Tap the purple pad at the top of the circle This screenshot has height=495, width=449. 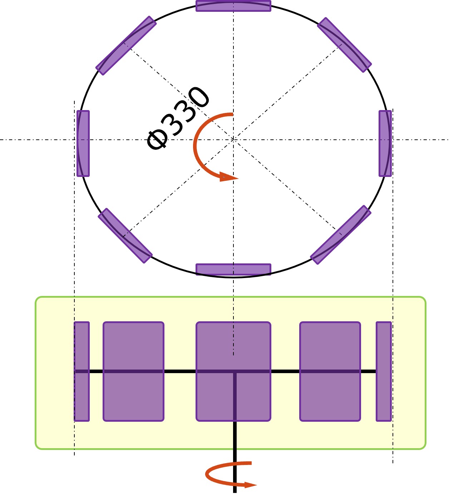click(233, 6)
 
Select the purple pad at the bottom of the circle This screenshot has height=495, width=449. click(233, 269)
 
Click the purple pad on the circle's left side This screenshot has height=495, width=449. click(83, 143)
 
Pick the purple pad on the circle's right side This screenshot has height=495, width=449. click(385, 143)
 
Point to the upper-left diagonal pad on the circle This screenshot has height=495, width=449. click(126, 45)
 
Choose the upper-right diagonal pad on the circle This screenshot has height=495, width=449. click(344, 45)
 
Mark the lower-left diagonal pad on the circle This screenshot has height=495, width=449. click(125, 236)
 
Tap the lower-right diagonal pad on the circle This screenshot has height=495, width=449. click(341, 234)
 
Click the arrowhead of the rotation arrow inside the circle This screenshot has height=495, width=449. click(228, 177)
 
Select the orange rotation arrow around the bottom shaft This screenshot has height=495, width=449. click(218, 475)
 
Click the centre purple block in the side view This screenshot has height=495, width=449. click(233, 371)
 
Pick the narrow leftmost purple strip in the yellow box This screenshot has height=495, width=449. click(82, 371)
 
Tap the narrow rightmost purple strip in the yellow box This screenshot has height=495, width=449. click(384, 371)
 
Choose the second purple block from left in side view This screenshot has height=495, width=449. click(133, 371)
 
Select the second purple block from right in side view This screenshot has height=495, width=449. click(330, 371)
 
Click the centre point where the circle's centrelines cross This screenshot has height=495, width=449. click(233, 139)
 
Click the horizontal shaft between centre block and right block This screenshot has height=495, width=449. click(285, 371)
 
